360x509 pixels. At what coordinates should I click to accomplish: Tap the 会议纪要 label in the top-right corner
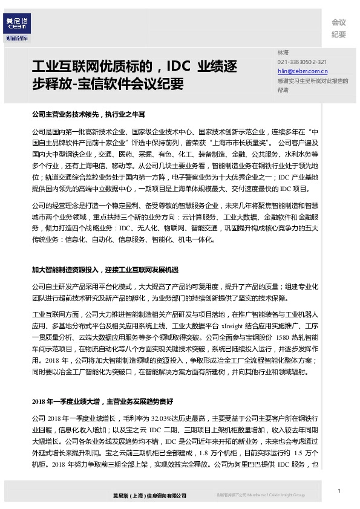coord(338,28)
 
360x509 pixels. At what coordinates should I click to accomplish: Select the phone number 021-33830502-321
coord(302,62)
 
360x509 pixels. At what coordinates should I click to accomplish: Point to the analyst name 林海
coord(283,53)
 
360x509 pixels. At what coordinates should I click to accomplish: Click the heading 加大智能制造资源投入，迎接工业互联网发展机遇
coord(105,269)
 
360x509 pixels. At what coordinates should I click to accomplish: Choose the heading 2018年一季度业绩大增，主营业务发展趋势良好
coord(102,401)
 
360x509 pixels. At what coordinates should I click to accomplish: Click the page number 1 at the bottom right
coord(340,491)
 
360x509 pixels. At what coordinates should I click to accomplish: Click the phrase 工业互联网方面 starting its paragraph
coord(56,315)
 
